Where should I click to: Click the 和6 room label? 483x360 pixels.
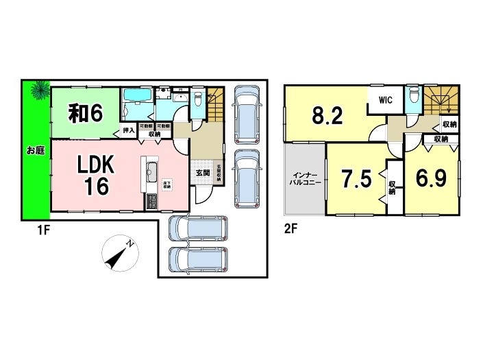(86, 112)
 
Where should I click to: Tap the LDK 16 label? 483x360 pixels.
(95, 175)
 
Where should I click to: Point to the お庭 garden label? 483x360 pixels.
(36, 150)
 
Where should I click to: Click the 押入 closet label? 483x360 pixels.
(129, 130)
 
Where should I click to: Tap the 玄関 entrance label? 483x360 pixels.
(203, 173)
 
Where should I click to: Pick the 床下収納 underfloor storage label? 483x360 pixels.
(166, 184)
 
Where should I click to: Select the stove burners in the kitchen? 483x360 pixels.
(151, 202)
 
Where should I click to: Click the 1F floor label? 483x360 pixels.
(43, 230)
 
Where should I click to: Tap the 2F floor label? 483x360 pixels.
(290, 230)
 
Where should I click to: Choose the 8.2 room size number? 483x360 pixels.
(327, 115)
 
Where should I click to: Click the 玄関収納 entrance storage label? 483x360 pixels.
(219, 171)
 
